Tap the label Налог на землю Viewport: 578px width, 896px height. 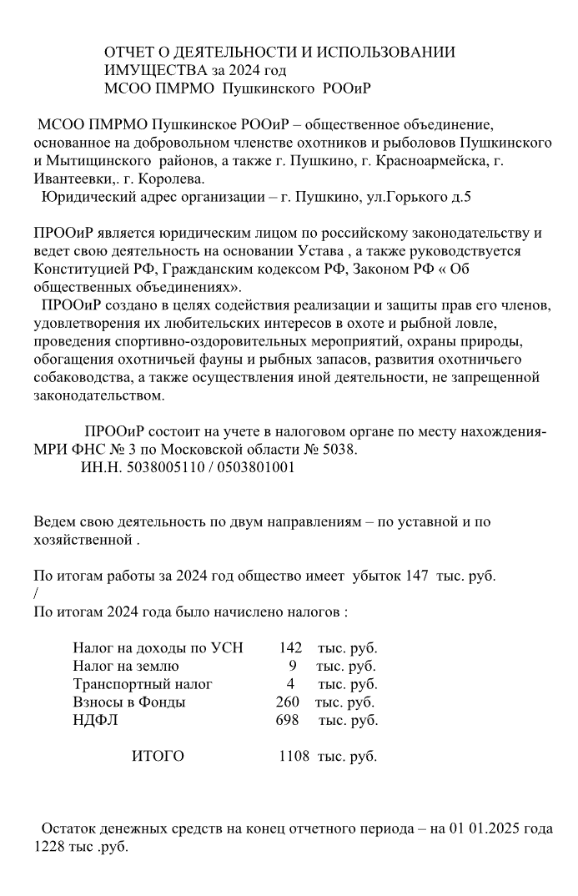coord(126,666)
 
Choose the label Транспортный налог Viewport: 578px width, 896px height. coord(143,684)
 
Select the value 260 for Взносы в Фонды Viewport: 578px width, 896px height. coord(288,702)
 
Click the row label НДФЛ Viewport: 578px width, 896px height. coord(95,720)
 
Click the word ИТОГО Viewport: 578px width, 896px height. coord(158,757)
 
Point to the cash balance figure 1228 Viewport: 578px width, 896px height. coord(50,845)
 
